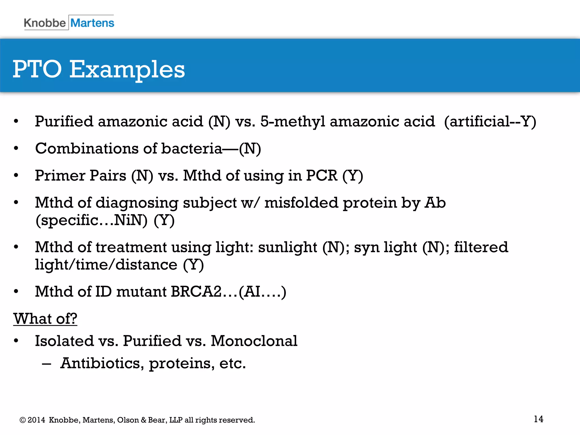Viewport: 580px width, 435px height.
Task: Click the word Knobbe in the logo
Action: coord(45,23)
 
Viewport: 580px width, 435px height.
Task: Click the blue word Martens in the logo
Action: coord(92,23)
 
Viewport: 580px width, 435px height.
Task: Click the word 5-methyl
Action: coord(293,122)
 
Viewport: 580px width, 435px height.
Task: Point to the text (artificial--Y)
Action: coord(490,122)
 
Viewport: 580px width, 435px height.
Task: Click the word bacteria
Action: coord(192,149)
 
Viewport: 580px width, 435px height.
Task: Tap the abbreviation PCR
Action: coord(322,176)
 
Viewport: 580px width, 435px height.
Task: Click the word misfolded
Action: coord(301,203)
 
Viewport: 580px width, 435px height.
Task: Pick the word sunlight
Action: coord(287,247)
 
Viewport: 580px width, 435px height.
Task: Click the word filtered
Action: coord(481,247)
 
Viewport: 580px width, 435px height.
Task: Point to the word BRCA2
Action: coord(196,292)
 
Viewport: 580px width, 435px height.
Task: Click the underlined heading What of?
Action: coord(45,319)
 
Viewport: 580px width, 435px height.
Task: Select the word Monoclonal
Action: coord(254,341)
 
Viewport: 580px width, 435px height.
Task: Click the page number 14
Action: coord(538,419)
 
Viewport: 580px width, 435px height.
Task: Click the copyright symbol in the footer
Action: coord(22,420)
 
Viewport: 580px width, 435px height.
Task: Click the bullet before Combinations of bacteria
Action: coord(16,148)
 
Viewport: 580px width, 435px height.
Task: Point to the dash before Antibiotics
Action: coord(46,363)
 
